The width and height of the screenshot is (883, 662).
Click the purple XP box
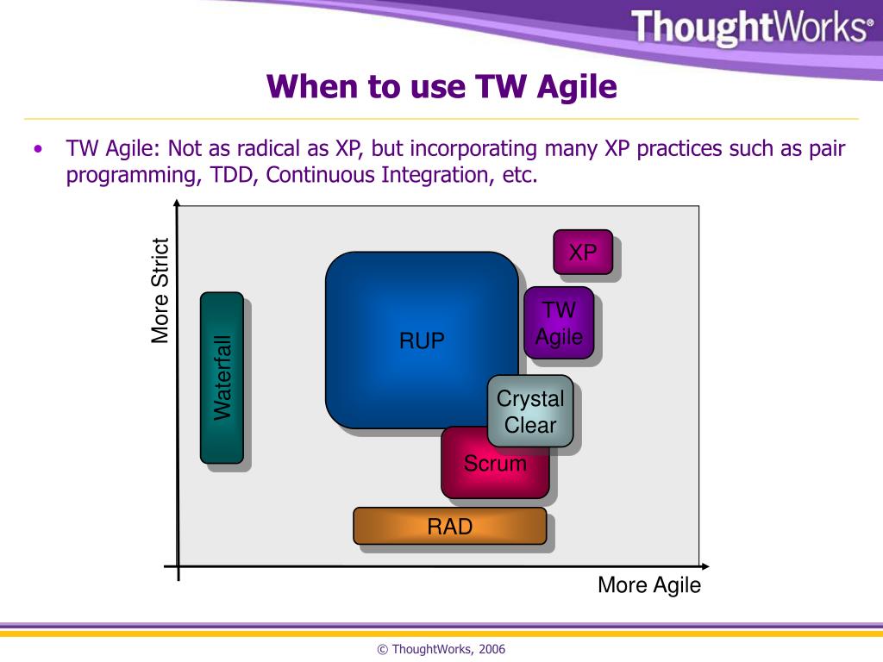coord(583,253)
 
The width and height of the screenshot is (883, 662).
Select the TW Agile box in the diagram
coord(559,322)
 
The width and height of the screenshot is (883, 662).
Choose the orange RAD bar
coord(450,526)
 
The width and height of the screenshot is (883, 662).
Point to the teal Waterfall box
coord(222,378)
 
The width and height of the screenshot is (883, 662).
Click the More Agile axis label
coord(649,585)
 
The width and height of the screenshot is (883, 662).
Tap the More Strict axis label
coord(161,291)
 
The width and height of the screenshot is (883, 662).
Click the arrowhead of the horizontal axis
coord(705,566)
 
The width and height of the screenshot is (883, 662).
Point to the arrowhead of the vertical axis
coord(177,203)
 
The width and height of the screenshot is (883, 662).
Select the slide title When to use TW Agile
coord(441,87)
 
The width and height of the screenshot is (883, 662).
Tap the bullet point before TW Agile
coord(37,149)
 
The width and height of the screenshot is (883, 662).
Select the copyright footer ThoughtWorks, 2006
coord(441,649)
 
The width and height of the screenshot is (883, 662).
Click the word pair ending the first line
coord(827,149)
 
